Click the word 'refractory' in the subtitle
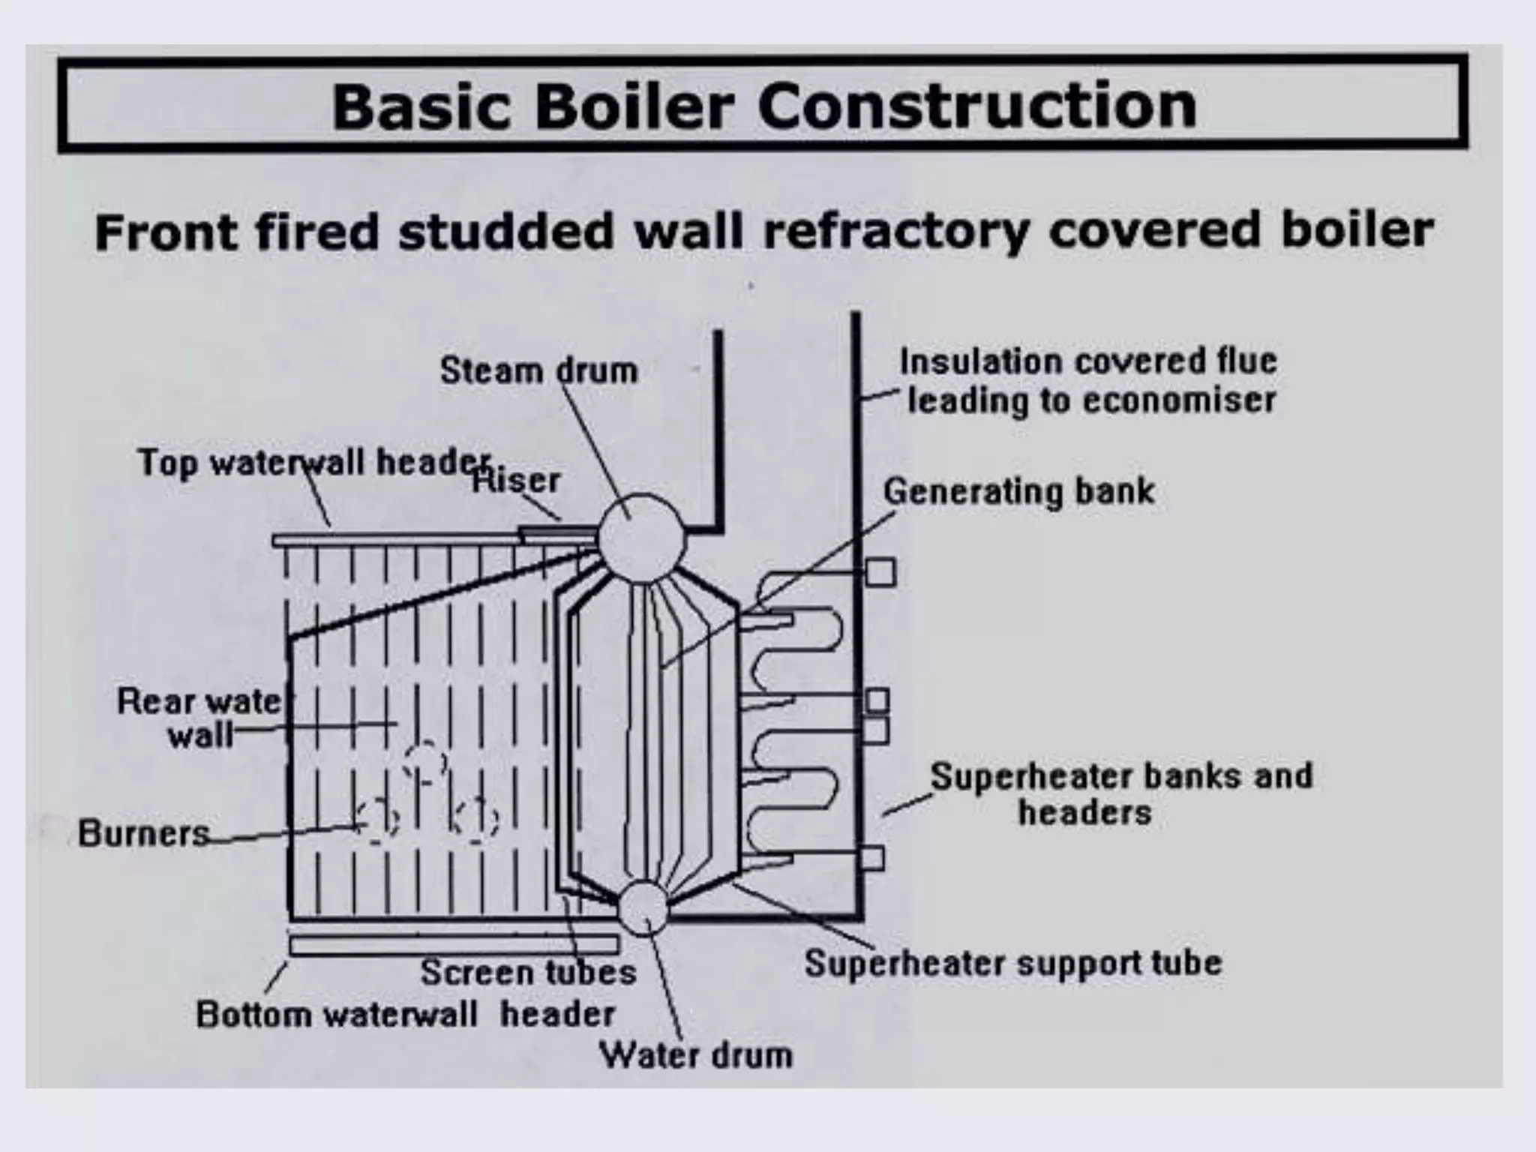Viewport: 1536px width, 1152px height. tap(896, 230)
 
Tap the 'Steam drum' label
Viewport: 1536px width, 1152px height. tap(538, 370)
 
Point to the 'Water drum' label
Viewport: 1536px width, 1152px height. tap(695, 1056)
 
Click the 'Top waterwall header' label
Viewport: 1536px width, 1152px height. tap(313, 462)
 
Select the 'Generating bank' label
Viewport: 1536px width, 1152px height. tap(1018, 492)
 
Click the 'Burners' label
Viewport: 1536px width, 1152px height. tap(143, 833)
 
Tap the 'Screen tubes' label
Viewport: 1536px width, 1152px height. tap(528, 973)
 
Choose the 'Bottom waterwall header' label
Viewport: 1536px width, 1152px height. tap(405, 1015)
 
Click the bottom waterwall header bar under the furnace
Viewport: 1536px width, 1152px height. tap(454, 945)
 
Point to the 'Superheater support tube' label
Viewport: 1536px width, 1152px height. tap(1013, 963)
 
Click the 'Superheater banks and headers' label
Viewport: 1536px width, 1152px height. tap(1120, 793)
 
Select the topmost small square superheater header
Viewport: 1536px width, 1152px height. tap(880, 572)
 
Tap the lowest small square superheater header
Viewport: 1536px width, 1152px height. tap(871, 858)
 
